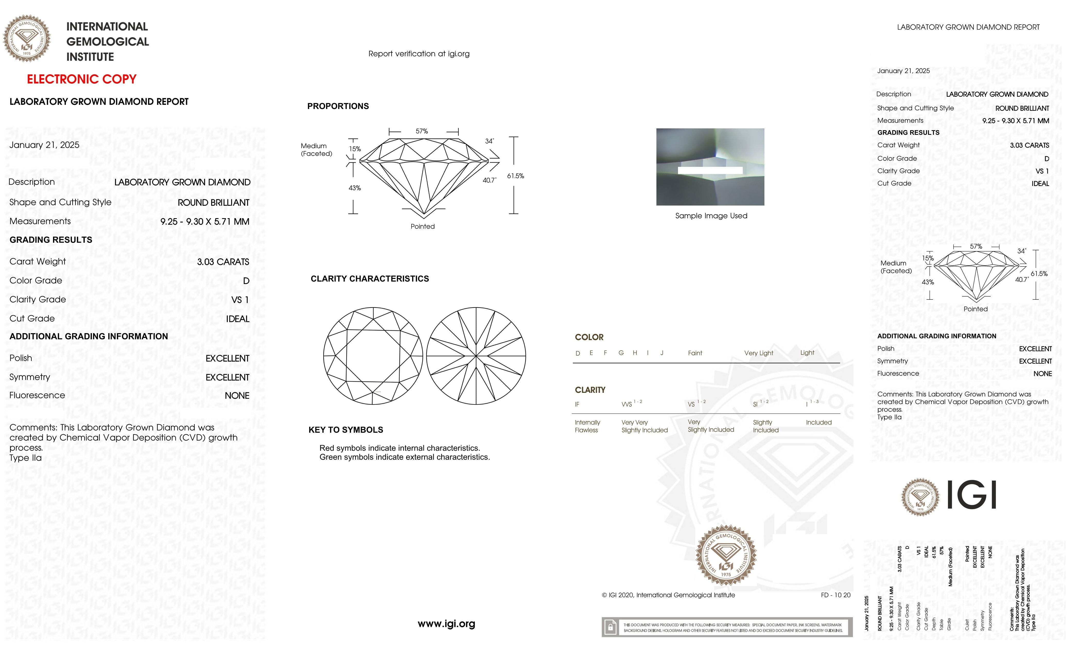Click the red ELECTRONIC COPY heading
pos(82,79)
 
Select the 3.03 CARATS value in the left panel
pos(223,262)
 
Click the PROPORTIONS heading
pos(338,106)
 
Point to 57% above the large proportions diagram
pos(422,131)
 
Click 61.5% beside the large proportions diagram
pos(516,176)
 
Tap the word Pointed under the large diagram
pos(422,226)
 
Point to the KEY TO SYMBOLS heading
pos(346,430)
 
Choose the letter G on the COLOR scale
pos(621,353)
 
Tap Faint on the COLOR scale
pos(695,353)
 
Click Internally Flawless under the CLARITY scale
pos(587,426)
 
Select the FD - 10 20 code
pos(835,595)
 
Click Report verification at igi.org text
pos(419,54)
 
